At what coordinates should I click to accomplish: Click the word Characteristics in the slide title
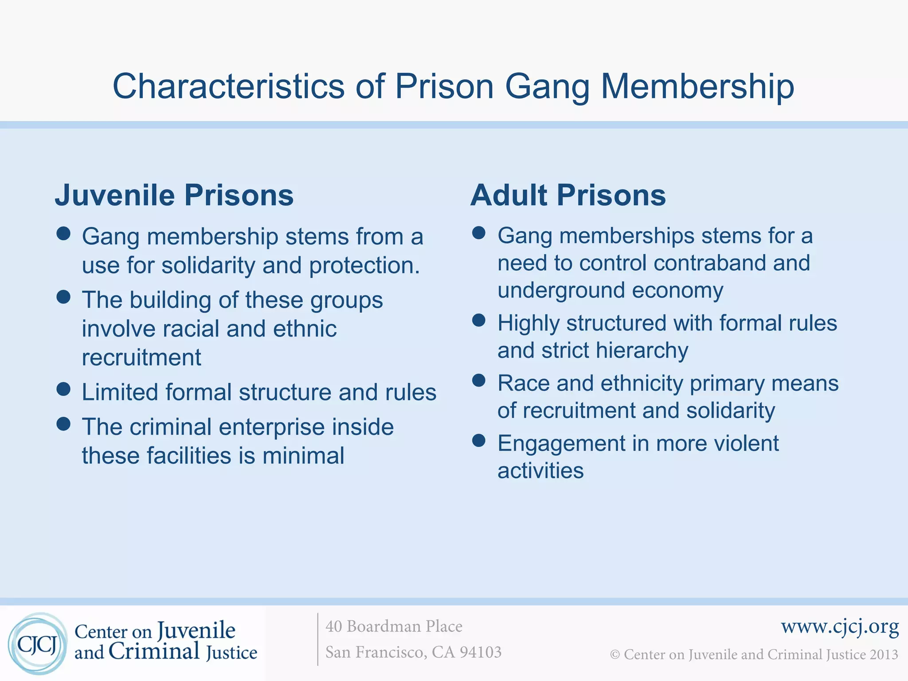pos(228,86)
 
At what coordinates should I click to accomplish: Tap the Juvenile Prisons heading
pos(174,195)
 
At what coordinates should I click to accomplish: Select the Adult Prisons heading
pos(568,195)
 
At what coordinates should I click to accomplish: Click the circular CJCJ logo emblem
pos(38,644)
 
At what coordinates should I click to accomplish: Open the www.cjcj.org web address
pos(840,626)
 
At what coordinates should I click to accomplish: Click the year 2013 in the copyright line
pos(883,654)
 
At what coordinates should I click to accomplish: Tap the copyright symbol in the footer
pos(614,655)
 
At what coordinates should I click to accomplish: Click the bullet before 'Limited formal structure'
pos(64,389)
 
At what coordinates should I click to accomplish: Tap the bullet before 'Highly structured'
pos(479,320)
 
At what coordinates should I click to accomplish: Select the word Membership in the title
pos(697,86)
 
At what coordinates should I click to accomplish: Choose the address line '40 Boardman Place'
pos(394,626)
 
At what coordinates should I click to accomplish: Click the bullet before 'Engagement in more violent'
pos(479,440)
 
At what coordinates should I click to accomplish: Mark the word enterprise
pos(272,427)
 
